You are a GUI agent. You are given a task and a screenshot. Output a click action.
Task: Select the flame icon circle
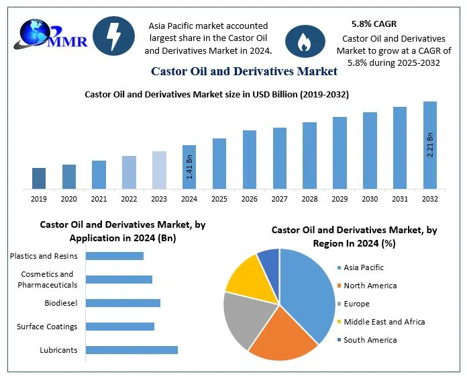tap(305, 41)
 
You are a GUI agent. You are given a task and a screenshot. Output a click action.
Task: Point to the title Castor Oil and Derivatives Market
tap(244, 71)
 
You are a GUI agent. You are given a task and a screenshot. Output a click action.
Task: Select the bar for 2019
tap(39, 178)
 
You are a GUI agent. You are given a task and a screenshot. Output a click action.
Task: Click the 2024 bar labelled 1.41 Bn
tap(189, 167)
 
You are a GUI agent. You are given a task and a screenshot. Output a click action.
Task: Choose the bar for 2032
tap(430, 145)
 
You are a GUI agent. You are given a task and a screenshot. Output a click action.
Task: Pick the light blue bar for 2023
tap(159, 169)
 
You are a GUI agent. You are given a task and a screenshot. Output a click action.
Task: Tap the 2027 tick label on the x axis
tap(279, 199)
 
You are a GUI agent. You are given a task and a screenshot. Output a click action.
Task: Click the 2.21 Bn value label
tap(430, 145)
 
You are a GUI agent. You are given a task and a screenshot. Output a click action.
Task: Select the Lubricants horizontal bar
tap(132, 349)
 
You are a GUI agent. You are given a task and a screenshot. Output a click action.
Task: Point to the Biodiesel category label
tap(61, 303)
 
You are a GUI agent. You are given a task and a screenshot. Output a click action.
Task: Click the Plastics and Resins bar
tap(115, 255)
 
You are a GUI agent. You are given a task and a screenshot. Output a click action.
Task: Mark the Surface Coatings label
tap(47, 327)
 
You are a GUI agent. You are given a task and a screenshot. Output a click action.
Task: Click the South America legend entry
tap(370, 340)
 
